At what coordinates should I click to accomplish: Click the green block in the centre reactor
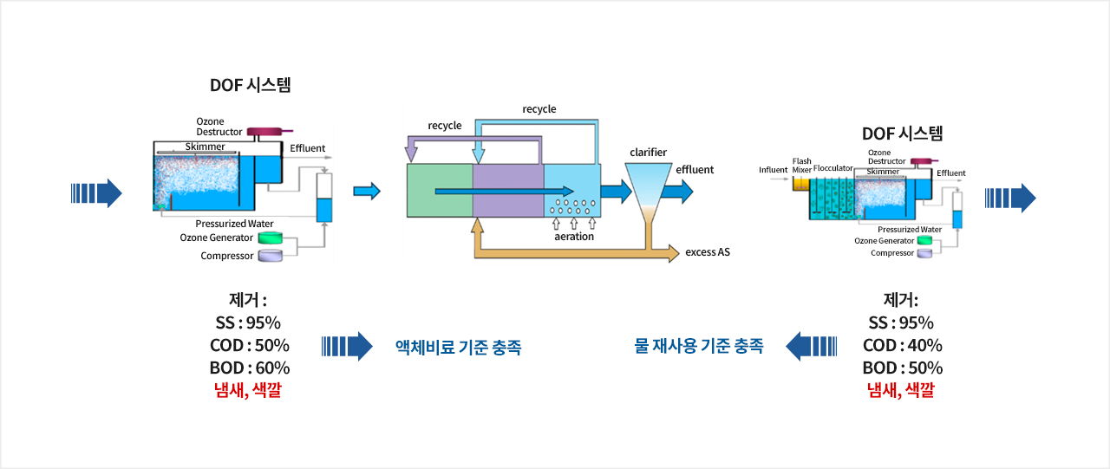(x=440, y=191)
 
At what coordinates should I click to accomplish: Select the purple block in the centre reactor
(x=508, y=191)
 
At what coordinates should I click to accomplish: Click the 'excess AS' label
(x=707, y=252)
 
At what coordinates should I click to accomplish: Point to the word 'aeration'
(x=574, y=236)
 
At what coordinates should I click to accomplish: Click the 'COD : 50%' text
(x=249, y=345)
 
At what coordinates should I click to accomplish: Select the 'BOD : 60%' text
(x=249, y=368)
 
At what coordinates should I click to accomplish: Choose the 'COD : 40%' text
(x=903, y=345)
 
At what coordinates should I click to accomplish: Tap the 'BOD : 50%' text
(x=903, y=368)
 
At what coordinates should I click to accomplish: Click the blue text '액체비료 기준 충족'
(x=459, y=347)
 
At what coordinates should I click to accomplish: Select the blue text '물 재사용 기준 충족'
(x=699, y=346)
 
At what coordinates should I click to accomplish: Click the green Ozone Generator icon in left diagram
(x=270, y=238)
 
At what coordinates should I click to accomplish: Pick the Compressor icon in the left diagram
(x=270, y=256)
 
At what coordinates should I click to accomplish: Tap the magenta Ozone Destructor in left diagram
(x=264, y=132)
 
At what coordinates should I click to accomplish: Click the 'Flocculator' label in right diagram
(x=833, y=168)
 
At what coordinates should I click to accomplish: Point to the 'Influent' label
(x=773, y=170)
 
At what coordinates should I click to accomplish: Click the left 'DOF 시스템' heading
(x=251, y=85)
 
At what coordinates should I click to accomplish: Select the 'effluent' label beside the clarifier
(x=695, y=169)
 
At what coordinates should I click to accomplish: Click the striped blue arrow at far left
(x=96, y=193)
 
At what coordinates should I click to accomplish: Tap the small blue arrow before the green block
(x=367, y=192)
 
